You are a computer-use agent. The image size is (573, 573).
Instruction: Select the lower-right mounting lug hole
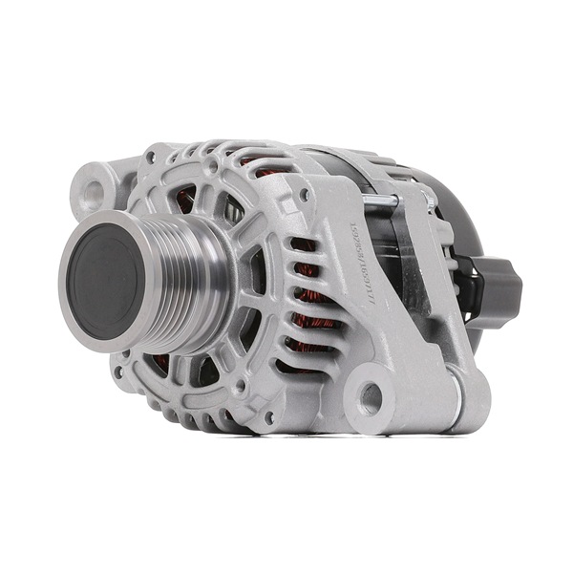[x=370, y=396]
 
